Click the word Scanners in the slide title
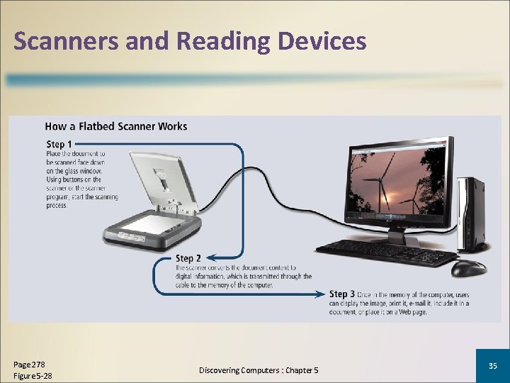65,41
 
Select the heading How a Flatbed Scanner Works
116,126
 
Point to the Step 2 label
188,258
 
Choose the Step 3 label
342,294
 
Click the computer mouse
468,267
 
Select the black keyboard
385,250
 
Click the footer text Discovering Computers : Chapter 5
259,370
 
